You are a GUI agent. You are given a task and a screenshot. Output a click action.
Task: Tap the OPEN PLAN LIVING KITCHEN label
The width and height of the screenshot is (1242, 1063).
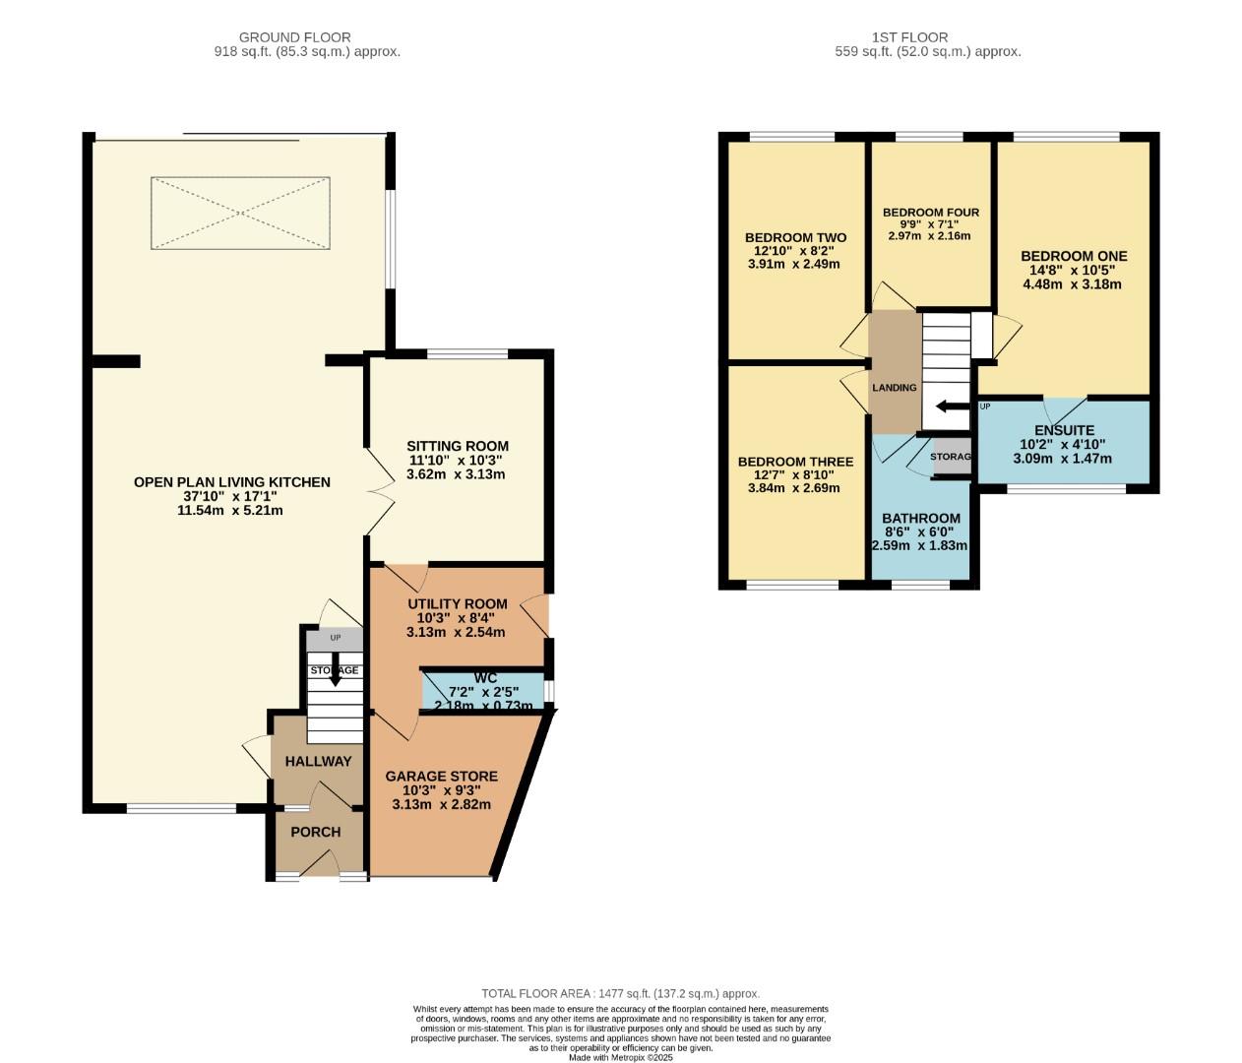[x=232, y=482]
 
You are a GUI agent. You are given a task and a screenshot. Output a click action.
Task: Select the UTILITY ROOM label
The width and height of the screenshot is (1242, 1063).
[x=457, y=604]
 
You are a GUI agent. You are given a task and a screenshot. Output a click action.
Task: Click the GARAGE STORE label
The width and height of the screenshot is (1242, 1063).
[x=441, y=777]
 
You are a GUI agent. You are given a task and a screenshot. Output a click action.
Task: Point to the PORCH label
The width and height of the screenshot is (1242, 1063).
[x=316, y=832]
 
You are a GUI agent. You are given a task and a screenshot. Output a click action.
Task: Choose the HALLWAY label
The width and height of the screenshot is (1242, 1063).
[x=318, y=761]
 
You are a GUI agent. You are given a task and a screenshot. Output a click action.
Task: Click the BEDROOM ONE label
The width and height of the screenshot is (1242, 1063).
[x=1074, y=256]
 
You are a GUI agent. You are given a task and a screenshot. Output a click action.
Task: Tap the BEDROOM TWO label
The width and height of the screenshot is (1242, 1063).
[x=795, y=238]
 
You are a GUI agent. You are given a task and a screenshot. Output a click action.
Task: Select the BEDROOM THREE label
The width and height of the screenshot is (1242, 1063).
[x=795, y=462]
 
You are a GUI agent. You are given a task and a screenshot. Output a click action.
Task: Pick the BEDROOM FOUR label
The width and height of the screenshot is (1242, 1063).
[x=930, y=213]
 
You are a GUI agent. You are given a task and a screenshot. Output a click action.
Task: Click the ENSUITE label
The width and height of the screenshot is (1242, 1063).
[x=1064, y=430]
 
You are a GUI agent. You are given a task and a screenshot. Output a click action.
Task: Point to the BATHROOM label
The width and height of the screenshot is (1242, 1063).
[x=920, y=519]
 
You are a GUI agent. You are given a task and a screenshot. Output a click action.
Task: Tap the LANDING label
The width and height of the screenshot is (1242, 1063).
[x=894, y=388]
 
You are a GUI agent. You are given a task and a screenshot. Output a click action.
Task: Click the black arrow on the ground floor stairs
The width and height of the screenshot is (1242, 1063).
[x=336, y=673]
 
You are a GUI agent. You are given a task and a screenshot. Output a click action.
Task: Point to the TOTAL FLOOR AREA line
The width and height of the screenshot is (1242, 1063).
[x=620, y=994]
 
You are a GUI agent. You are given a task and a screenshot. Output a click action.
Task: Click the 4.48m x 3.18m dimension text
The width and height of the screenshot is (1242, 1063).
[x=1072, y=284]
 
